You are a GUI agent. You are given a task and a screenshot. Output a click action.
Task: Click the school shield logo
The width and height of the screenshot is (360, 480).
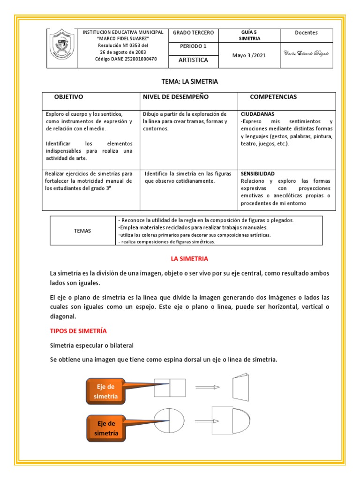click(61, 48)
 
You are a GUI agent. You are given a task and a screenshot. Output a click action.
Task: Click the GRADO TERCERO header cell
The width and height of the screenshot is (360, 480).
click(193, 33)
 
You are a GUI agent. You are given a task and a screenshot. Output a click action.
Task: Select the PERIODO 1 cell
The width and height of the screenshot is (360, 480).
click(193, 46)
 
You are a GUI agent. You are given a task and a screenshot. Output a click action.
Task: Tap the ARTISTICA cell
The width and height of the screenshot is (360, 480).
click(193, 60)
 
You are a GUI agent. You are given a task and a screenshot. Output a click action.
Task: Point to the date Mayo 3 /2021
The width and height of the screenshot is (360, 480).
click(249, 55)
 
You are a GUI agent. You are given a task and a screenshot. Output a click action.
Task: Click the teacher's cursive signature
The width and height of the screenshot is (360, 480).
click(306, 53)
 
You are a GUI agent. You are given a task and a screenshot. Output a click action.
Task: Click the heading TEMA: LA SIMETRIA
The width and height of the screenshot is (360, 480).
click(189, 82)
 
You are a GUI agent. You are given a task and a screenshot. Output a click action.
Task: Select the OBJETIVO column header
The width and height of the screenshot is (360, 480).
click(69, 97)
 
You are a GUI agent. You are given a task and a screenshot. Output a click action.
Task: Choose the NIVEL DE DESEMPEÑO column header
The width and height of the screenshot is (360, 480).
click(176, 97)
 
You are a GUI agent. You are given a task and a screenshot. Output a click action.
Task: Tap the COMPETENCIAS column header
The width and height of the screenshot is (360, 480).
click(273, 97)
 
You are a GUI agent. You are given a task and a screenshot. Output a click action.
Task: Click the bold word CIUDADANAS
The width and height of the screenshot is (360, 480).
click(257, 114)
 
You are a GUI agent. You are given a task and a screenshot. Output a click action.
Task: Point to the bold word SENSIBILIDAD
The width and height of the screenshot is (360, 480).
click(258, 173)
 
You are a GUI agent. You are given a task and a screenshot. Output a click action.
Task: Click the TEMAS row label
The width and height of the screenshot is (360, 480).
click(82, 231)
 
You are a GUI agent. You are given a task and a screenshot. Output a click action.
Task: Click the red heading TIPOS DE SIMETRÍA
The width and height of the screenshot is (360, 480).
click(78, 331)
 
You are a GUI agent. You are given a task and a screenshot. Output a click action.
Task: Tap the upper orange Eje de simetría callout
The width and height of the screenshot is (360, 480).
click(105, 391)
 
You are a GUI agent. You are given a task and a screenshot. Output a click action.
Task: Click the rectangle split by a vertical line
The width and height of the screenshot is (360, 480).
click(170, 387)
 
